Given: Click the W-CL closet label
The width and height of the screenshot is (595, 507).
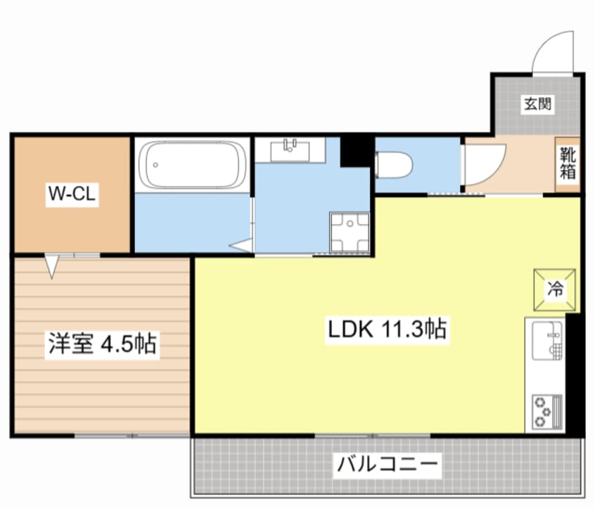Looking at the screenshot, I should click(x=71, y=194).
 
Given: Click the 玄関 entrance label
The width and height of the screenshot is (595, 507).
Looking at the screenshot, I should click(x=537, y=104).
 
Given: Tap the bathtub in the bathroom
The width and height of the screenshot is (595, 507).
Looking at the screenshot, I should click(x=191, y=166).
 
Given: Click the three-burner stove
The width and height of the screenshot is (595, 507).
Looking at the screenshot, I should click(x=546, y=411).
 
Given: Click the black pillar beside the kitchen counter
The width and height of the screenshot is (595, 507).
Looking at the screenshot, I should click(x=575, y=373).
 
